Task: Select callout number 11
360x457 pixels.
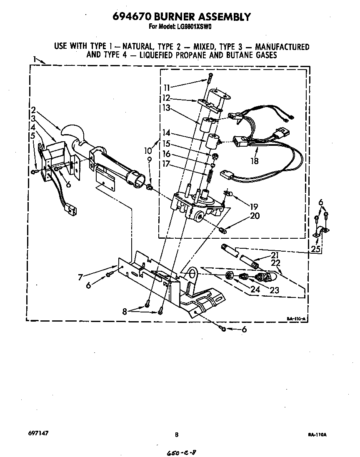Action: point(167,88)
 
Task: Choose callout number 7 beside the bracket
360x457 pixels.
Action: point(82,276)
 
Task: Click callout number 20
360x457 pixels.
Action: point(254,216)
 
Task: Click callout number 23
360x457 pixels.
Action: point(274,290)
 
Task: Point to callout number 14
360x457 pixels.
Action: point(167,133)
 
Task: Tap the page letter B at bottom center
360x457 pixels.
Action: point(177,435)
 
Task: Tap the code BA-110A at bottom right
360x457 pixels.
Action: point(317,435)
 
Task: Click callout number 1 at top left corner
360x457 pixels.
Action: point(35,60)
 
